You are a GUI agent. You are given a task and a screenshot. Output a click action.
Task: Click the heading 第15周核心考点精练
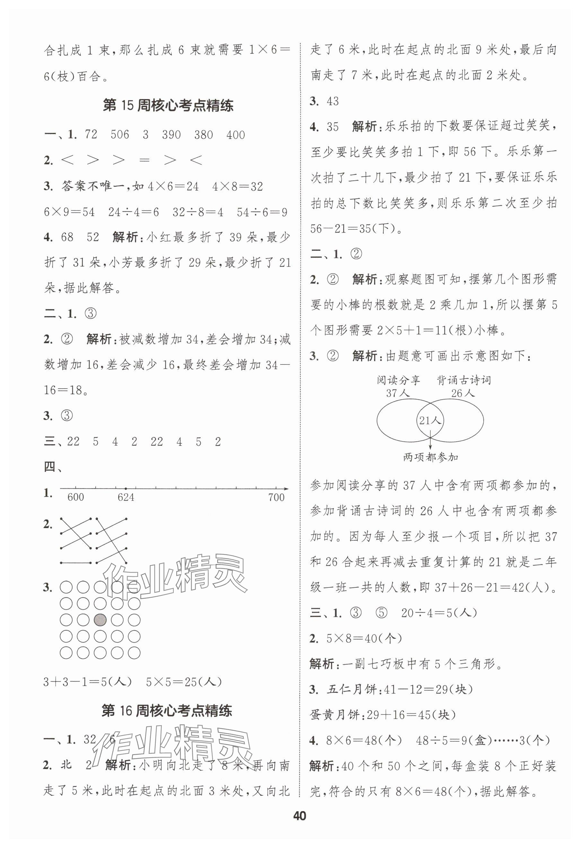[x=168, y=106]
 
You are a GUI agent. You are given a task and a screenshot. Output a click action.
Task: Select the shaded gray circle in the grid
[x=100, y=620]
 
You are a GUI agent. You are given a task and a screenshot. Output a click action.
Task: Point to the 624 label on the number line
[x=126, y=497]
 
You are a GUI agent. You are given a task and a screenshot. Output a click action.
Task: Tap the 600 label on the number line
[x=75, y=497]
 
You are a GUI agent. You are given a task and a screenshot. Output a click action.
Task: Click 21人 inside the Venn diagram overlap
[x=430, y=421]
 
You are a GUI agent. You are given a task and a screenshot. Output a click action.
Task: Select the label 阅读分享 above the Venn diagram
[x=399, y=381]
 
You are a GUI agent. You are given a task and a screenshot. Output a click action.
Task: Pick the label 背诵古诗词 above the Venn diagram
[x=463, y=381]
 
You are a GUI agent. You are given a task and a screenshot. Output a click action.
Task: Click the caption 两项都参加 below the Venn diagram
[x=431, y=457]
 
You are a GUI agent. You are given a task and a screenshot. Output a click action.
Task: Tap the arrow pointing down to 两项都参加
[x=430, y=442]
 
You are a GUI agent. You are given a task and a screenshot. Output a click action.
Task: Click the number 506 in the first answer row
[x=119, y=135]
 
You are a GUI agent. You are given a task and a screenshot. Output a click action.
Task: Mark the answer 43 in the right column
[x=332, y=101]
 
